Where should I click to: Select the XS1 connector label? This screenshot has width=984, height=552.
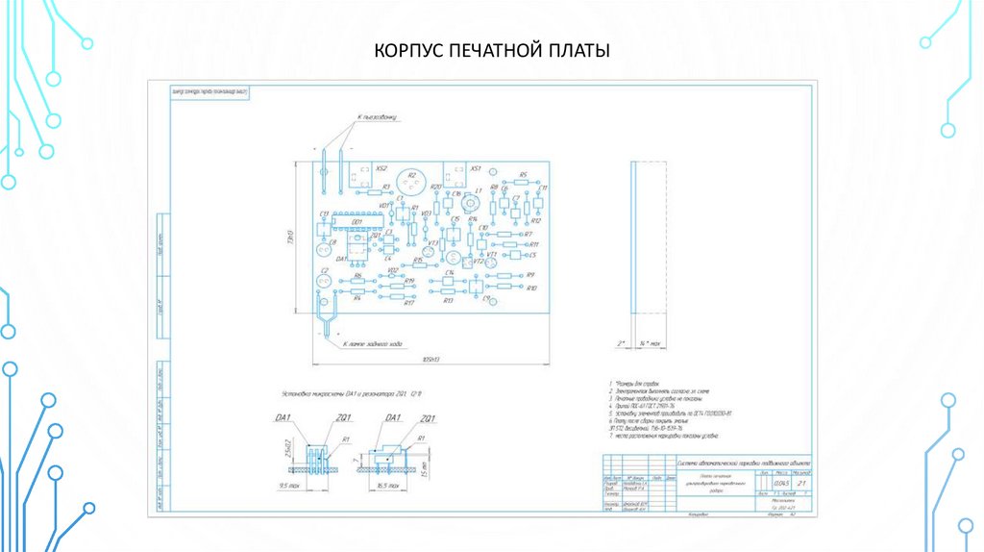pos(475,166)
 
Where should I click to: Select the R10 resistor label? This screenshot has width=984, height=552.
pos(532,288)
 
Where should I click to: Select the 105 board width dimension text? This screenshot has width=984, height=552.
pos(430,359)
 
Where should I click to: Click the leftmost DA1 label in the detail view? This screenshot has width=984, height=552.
pos(284,418)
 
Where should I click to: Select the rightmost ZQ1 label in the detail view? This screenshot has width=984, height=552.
pos(428,418)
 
